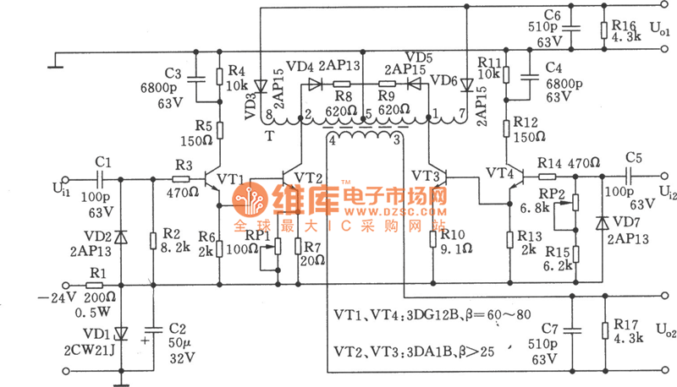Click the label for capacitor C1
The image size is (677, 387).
pos(103,161)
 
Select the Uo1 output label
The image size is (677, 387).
pos(659,29)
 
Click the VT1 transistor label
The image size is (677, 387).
pos(230,179)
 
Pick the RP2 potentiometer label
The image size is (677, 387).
pos(551,193)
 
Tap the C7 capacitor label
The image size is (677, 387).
pos(551,327)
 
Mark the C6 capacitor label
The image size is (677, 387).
pos(552,16)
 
